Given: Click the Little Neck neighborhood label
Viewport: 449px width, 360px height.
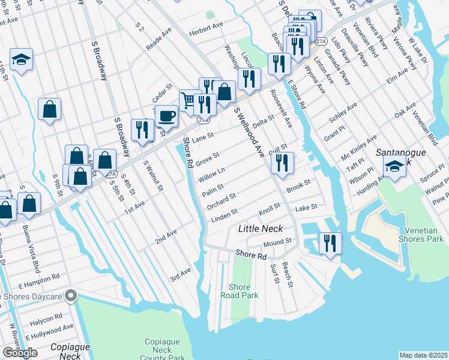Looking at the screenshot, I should pyautogui.click(x=260, y=229).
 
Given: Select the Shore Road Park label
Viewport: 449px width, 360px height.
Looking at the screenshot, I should pyautogui.click(x=240, y=291).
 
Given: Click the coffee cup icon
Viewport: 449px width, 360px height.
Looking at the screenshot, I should pyautogui.click(x=166, y=115).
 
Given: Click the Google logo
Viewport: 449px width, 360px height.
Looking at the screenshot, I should pyautogui.click(x=20, y=352).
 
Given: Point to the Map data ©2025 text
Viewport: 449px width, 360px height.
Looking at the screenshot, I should pyautogui.click(x=423, y=355).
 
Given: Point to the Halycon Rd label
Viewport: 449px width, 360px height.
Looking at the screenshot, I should pyautogui.click(x=50, y=316).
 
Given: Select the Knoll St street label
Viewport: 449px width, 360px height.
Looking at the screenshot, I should pyautogui.click(x=270, y=209).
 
